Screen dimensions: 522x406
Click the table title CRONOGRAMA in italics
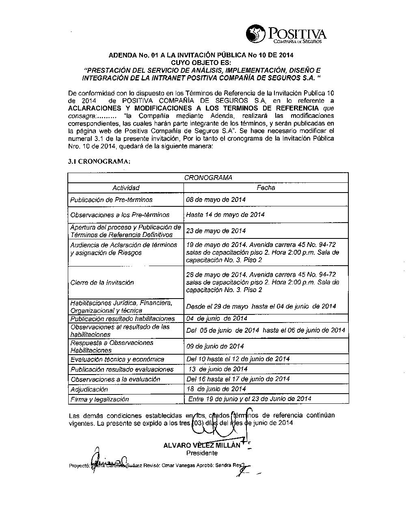[x=208, y=178]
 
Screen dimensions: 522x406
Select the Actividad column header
[x=126, y=188]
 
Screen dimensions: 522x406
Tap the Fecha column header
[x=266, y=188]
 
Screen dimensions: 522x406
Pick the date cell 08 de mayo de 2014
[x=216, y=200]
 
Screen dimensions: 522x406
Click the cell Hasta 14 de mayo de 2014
[x=225, y=214]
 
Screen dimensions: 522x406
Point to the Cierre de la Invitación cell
[x=102, y=282]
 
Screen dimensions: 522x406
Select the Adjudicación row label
[x=89, y=389]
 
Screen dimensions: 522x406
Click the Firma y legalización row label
[x=100, y=399]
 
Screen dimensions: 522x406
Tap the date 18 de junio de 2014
[x=216, y=389]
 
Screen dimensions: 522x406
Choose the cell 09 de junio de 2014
[x=215, y=347]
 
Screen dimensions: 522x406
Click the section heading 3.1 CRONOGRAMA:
[x=99, y=161]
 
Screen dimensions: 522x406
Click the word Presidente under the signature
[x=202, y=453]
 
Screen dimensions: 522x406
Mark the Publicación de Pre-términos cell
[x=112, y=200]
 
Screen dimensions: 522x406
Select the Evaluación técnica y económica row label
[x=117, y=359]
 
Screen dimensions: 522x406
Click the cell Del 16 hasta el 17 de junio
[x=238, y=379]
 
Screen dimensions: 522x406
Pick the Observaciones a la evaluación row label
[x=115, y=379]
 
